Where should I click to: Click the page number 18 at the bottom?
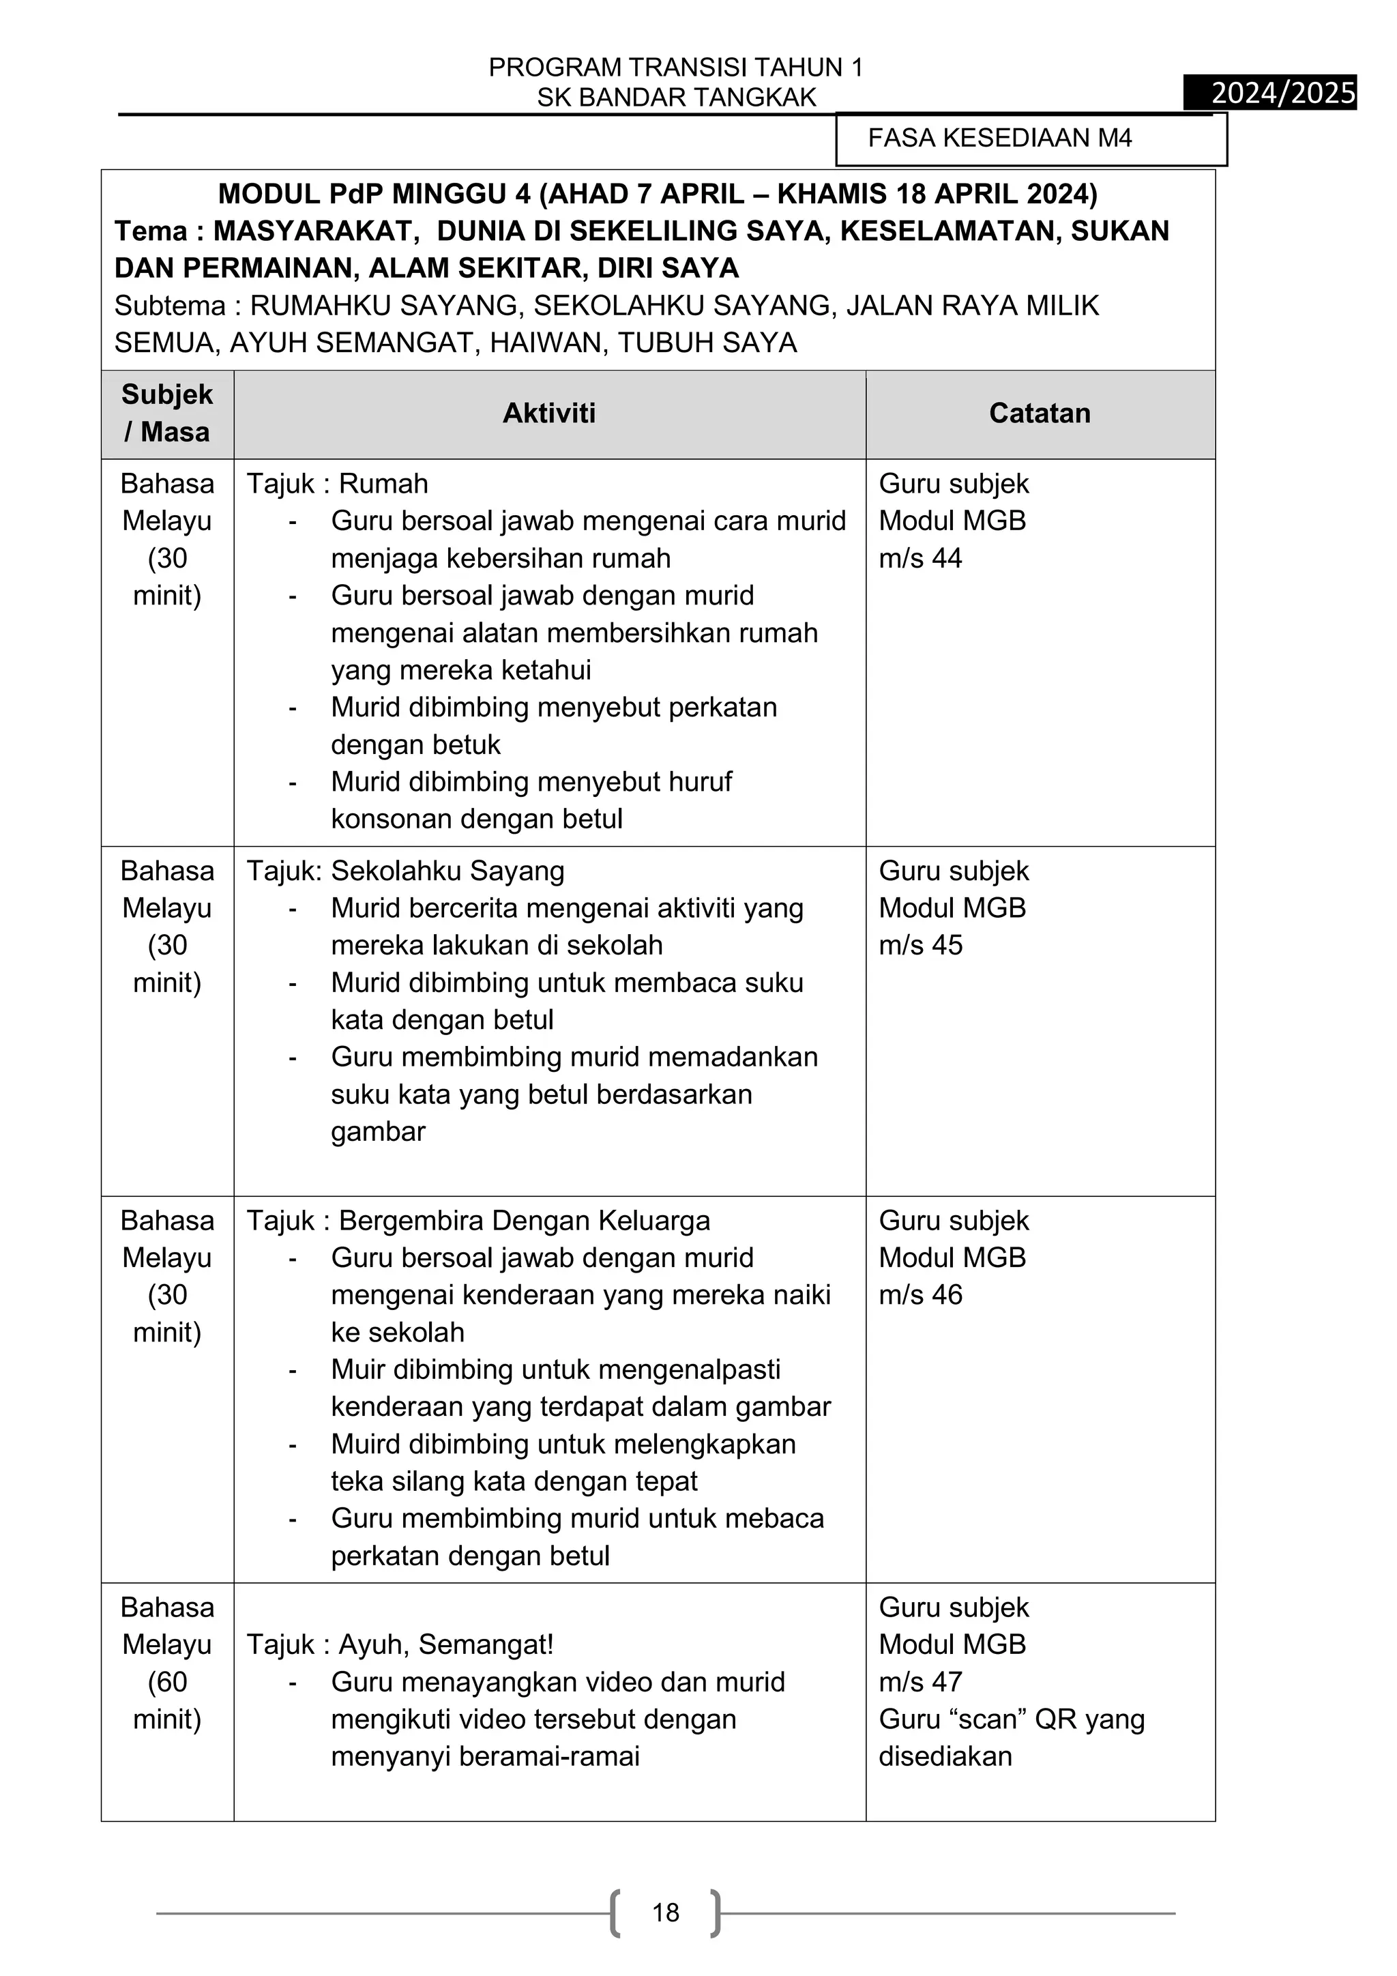[x=665, y=1913]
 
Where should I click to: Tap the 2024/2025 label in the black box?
[x=1282, y=93]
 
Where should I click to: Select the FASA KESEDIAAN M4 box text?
[x=999, y=138]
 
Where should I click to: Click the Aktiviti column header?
[x=549, y=413]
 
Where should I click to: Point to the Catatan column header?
[x=1039, y=413]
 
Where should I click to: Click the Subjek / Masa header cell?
[x=167, y=413]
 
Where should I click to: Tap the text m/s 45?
[x=920, y=945]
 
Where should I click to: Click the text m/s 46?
[x=920, y=1294]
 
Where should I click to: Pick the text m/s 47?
[x=920, y=1682]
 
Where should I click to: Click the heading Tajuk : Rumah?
[x=337, y=484]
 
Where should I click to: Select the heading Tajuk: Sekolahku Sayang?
[x=405, y=871]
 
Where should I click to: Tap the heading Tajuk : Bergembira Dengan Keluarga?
[x=478, y=1221]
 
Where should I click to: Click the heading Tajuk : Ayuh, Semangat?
[x=400, y=1644]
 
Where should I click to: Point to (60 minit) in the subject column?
[x=167, y=1700]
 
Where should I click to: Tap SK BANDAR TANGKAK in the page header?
[x=676, y=98]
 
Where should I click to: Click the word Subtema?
[x=169, y=306]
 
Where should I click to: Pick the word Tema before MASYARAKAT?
[x=151, y=231]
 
